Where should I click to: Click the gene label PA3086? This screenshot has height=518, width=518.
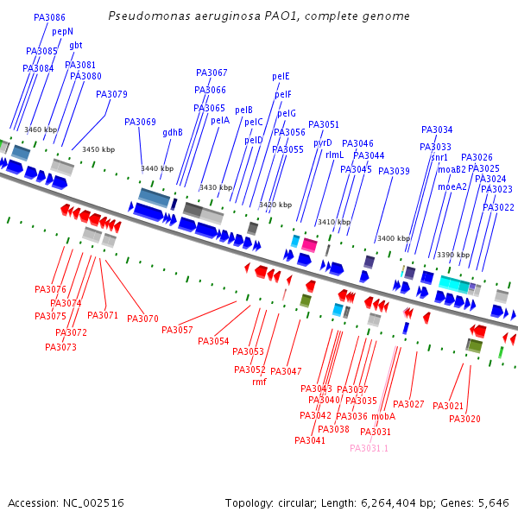(49, 17)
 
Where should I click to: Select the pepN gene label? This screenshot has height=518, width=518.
(63, 31)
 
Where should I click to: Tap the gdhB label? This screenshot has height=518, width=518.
(173, 132)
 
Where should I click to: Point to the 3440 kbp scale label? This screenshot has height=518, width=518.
(157, 169)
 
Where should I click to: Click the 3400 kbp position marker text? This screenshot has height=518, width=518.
(393, 238)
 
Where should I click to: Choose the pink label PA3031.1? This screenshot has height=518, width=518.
(369, 448)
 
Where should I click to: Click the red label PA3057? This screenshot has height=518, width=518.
(177, 330)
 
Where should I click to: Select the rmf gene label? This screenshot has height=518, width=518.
(259, 382)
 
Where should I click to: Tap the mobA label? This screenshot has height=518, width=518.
(383, 416)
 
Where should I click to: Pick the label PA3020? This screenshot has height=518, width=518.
(464, 419)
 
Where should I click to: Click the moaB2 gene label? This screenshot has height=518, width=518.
(452, 169)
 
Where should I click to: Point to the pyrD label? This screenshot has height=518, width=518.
(322, 142)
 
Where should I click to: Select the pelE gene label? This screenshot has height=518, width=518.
(281, 76)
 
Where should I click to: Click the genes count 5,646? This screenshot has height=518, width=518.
(493, 502)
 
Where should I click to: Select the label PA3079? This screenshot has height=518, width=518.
(111, 94)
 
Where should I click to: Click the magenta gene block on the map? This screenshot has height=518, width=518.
(308, 245)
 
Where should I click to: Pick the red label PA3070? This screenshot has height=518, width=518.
(142, 319)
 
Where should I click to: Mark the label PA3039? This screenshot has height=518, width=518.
(394, 171)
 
